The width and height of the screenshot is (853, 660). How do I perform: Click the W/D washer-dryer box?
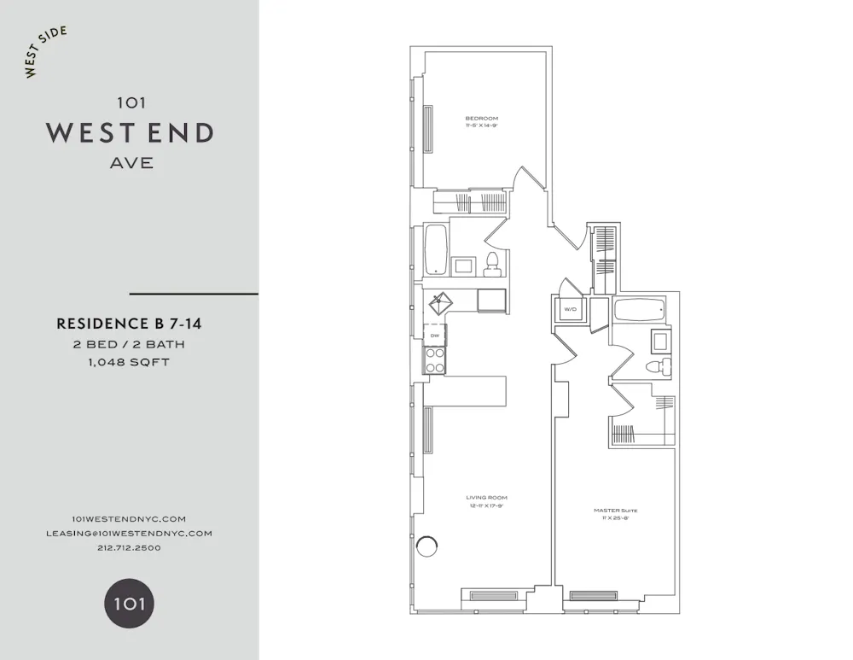coord(569,310)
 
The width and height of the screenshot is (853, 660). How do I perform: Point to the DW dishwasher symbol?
coord(435,336)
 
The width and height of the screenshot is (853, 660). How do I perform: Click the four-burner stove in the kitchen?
coord(435,362)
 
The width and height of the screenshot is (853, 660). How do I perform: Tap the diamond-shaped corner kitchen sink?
coord(440,301)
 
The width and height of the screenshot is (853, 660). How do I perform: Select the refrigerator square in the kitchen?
coord(491,300)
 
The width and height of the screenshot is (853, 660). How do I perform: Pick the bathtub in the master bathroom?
coord(643,310)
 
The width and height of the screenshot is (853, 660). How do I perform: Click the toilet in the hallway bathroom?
coord(491,264)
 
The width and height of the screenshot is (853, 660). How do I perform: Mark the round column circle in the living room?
coord(426,546)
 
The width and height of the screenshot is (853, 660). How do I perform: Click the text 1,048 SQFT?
coord(129,362)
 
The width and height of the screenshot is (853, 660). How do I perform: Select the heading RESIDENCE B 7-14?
coord(129,324)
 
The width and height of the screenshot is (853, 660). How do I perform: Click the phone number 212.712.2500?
coord(129,547)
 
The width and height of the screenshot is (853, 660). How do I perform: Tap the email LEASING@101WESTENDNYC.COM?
coord(129,533)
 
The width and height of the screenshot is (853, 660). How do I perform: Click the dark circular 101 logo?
coord(129,605)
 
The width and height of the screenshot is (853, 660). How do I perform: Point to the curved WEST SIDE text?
coord(45,52)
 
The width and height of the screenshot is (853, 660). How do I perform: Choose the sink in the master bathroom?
coord(661,342)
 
